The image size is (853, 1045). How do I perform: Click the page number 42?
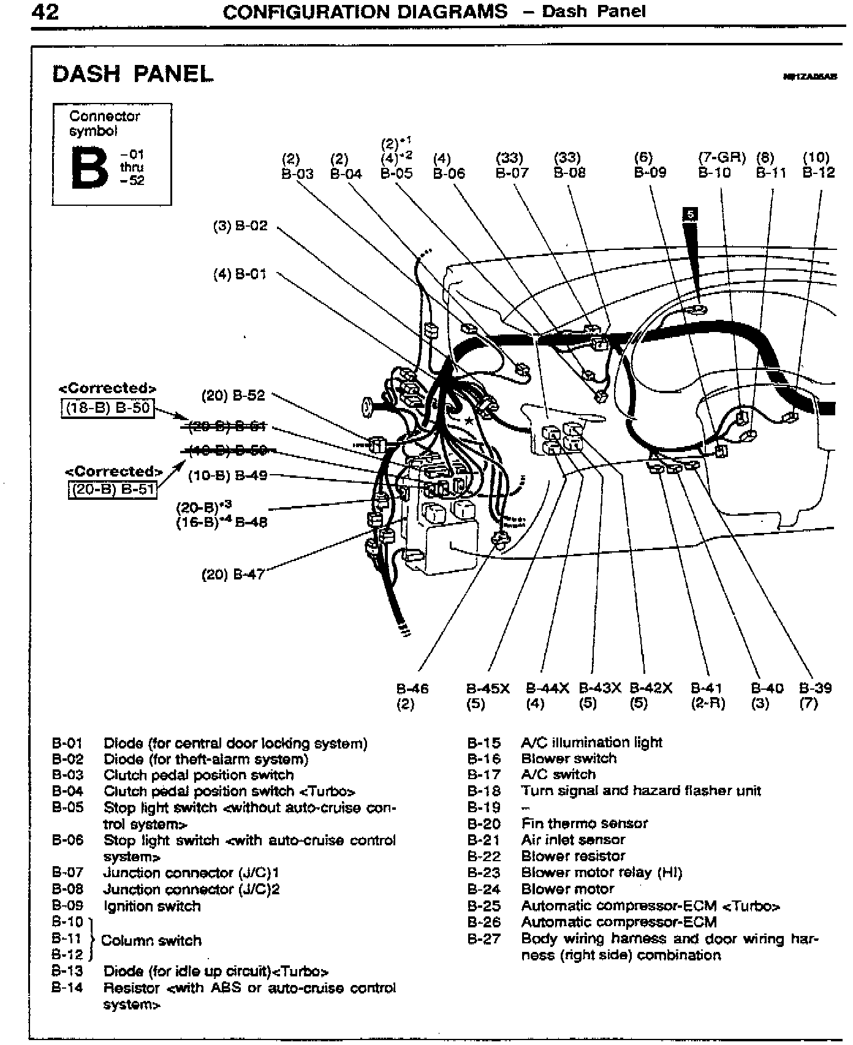45,12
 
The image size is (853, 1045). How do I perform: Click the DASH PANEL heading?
132,74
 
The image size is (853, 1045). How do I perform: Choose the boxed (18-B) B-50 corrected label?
108,407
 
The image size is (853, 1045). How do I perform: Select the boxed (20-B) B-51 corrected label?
112,490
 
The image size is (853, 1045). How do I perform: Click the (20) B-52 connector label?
233,396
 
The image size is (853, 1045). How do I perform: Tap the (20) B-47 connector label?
233,575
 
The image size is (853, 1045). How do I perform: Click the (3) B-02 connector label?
240,226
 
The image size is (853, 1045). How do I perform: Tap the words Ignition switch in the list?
152,906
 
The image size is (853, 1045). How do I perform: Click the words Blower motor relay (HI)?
601,872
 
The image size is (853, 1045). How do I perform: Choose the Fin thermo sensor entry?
584,823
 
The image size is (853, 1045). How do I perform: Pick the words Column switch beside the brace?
151,940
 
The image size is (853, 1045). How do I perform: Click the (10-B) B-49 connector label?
227,475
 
